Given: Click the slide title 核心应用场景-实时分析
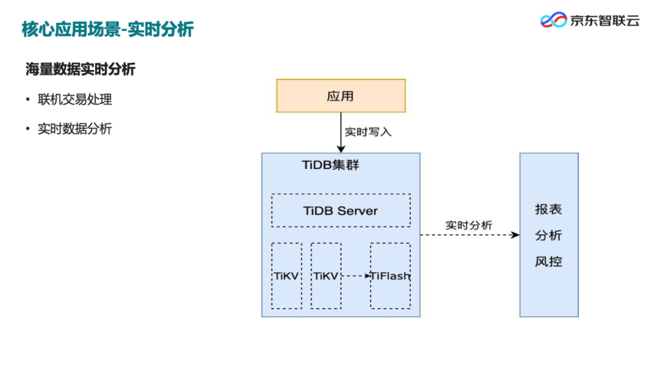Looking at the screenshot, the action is point(108,29).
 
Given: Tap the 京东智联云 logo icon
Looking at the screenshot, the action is point(553,20).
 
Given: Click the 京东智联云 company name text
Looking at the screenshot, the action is point(604,20).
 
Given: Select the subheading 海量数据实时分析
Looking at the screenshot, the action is point(80,70).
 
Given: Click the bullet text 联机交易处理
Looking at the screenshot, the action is point(75,99).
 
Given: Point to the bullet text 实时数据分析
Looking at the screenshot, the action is point(75,129).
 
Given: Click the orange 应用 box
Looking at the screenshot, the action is point(341,96).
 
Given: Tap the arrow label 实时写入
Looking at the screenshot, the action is point(368,131).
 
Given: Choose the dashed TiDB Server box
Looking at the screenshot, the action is point(341,211).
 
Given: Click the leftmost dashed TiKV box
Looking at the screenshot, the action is point(286,276).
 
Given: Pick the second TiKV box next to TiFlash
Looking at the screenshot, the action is point(326,276).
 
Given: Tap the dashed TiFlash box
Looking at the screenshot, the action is point(391,276).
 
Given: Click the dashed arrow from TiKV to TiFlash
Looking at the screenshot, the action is point(356,276).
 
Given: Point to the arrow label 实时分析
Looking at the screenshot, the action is point(469,225).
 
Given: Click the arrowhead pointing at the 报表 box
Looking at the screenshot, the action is point(515,235).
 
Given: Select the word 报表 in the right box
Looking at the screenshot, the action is point(548,209).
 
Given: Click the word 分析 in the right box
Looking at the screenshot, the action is point(548,236).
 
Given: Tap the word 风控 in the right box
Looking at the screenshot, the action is point(548,262).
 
